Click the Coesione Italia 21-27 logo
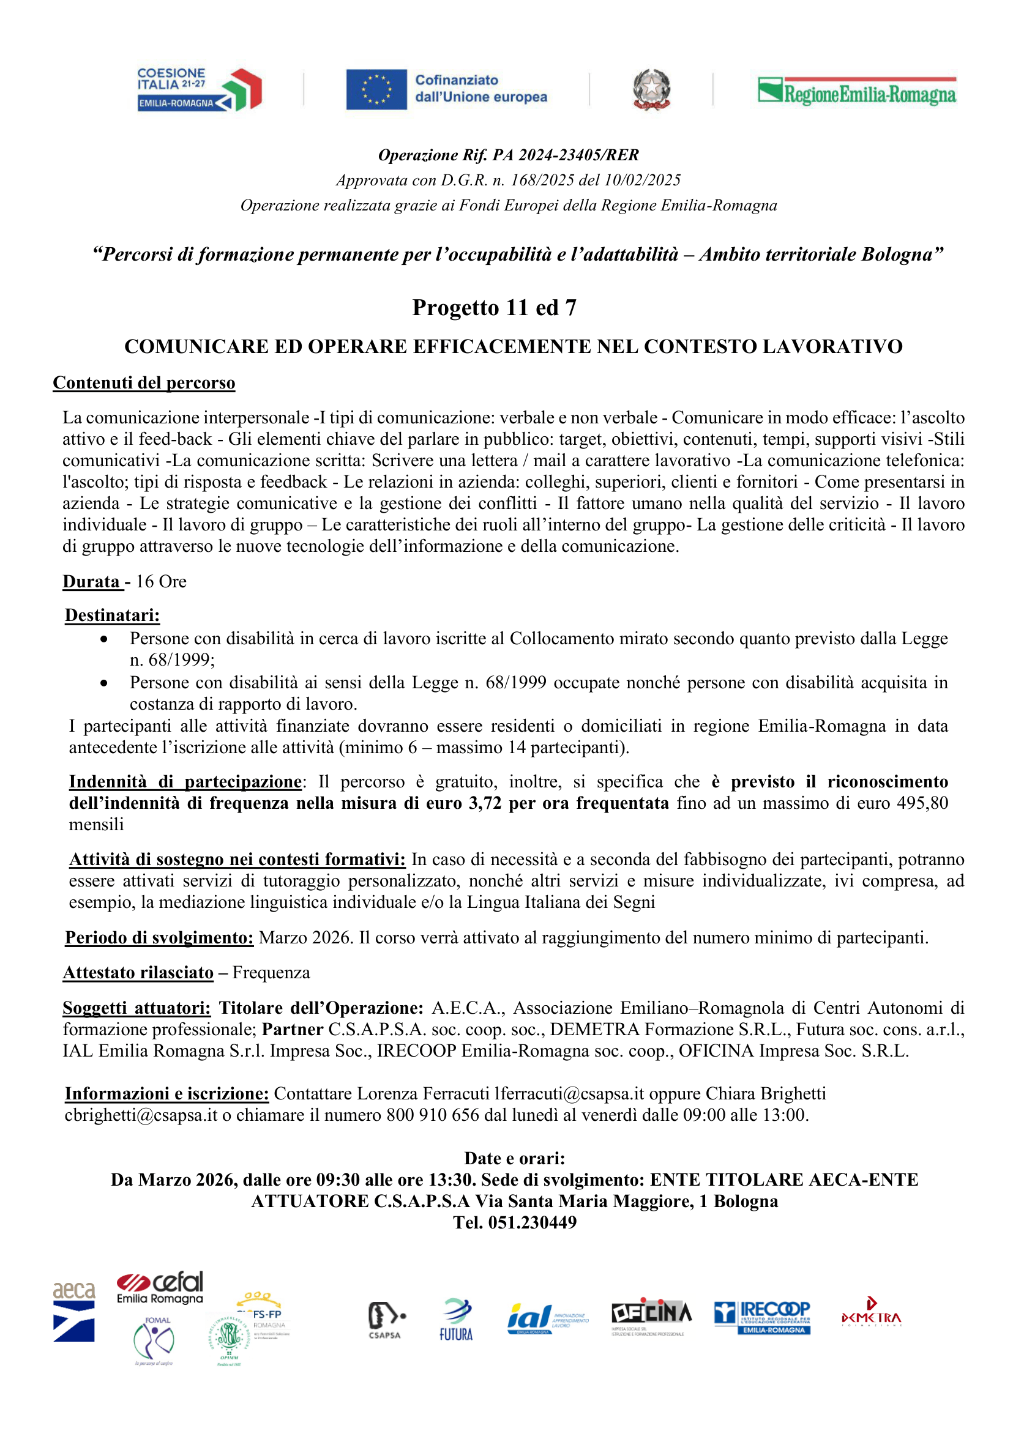[x=199, y=90]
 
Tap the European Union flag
[x=376, y=89]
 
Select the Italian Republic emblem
[x=651, y=90]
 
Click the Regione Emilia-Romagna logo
[x=856, y=91]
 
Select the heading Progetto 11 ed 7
[x=494, y=307]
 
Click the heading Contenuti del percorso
[x=144, y=383]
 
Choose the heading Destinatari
[x=112, y=615]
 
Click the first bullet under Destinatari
[x=103, y=639]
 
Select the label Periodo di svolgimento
[x=159, y=938]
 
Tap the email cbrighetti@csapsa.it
[x=141, y=1115]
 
